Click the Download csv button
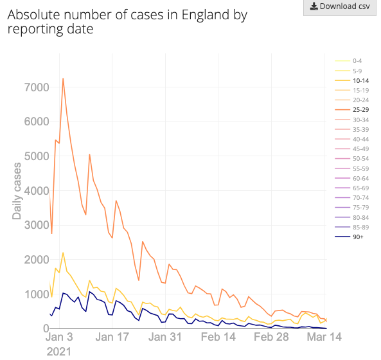pos(340,7)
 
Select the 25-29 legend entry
pos(352,110)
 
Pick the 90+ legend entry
pos(349,237)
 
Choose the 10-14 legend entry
pos(352,81)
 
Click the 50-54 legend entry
pos(352,159)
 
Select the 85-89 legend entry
pos(352,228)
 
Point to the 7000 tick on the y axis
pos(37,87)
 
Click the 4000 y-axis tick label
pos(37,191)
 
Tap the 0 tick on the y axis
pos(46,328)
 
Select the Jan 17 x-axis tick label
pos(112,337)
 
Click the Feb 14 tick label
pos(218,337)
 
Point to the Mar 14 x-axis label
pos(324,337)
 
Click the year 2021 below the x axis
pos(59,352)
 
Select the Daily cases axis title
pos(17,191)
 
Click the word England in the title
pos(206,15)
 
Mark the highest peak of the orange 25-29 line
pos(63,78)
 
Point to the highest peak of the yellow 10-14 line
pos(63,253)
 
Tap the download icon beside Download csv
pos(314,6)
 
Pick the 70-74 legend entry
pos(352,197)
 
